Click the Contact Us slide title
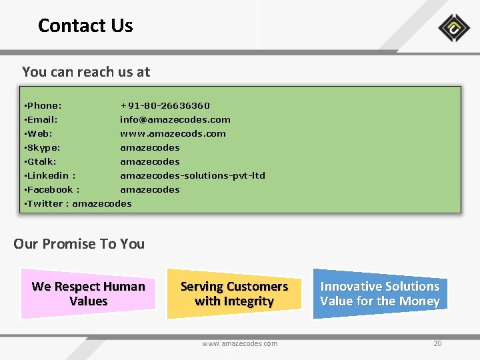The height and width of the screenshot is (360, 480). point(85,26)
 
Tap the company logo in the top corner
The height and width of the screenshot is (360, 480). point(454,28)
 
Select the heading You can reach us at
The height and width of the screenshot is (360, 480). point(86,72)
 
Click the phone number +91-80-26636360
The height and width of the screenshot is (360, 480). point(165,105)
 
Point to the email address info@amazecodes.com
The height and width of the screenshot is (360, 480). point(175,119)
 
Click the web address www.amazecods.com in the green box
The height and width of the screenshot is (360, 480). point(173,133)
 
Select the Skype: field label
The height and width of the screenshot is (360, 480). point(42,147)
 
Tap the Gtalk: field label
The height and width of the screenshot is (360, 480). point(40,161)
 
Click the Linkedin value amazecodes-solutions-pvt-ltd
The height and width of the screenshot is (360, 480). point(193,175)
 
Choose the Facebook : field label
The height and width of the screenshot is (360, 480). point(51,189)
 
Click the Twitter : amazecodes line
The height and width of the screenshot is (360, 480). point(77,203)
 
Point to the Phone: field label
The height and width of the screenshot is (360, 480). point(43,105)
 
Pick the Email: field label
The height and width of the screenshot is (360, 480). point(41,119)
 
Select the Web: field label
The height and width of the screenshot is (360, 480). point(38,133)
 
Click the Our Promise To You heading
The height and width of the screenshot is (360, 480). point(79,244)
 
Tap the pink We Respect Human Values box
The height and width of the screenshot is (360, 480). point(88,293)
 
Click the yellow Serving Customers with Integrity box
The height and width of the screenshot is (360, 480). point(234,293)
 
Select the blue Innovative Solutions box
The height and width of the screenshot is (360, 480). point(379,293)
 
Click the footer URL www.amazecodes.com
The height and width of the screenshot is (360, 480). point(240,343)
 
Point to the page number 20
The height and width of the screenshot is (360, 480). point(437,343)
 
